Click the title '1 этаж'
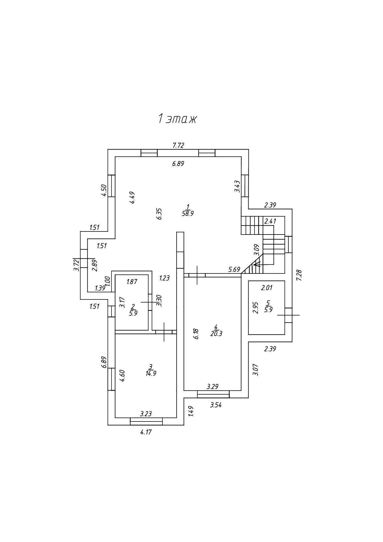[x=177, y=119]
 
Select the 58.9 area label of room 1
[x=188, y=214]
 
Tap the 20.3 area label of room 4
[x=216, y=334]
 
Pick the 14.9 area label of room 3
[x=151, y=373]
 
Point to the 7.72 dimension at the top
[x=179, y=145]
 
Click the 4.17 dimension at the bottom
[x=146, y=432]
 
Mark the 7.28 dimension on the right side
[x=299, y=275]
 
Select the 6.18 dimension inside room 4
[x=196, y=334]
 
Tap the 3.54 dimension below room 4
[x=216, y=405]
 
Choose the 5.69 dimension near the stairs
[x=234, y=269]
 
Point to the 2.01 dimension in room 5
[x=267, y=288]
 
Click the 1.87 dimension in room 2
[x=132, y=282]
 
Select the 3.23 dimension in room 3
[x=146, y=414]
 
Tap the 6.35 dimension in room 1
[x=159, y=214]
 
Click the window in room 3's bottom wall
[x=146, y=421]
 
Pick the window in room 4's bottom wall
[x=213, y=394]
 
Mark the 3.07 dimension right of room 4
[x=255, y=370]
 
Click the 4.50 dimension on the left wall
[x=104, y=190]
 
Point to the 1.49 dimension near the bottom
[x=191, y=411]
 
